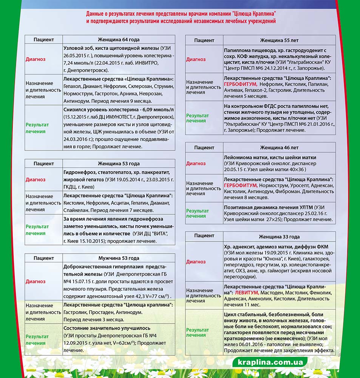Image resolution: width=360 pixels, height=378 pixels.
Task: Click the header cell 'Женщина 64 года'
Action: pyautogui.click(x=119, y=39)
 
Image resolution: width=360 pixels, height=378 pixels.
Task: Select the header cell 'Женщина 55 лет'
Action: pyautogui.click(x=279, y=40)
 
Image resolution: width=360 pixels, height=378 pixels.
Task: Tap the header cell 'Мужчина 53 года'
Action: pyautogui.click(x=119, y=258)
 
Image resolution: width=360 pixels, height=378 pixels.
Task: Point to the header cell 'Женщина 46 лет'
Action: pyautogui.click(x=279, y=147)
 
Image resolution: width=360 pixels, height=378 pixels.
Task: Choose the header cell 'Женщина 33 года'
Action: pyautogui.click(x=279, y=237)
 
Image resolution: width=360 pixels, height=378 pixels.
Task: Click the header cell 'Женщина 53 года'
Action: pyautogui.click(x=119, y=164)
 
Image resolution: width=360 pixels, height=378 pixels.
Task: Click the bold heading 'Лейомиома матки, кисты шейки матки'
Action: pyautogui.click(x=270, y=157)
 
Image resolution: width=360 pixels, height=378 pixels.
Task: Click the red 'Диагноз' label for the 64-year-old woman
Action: pyautogui.click(x=36, y=59)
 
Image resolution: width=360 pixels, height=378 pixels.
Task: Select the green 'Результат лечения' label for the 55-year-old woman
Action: pyautogui.click(x=197, y=118)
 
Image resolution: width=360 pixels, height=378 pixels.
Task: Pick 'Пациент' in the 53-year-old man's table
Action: pyautogui.click(x=43, y=258)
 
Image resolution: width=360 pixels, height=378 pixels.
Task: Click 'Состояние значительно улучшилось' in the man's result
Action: pyautogui.click(x=107, y=328)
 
